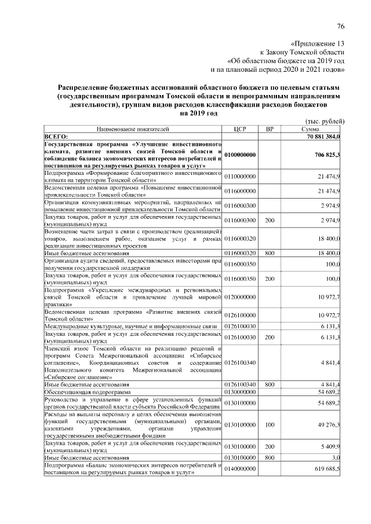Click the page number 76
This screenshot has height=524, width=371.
[x=341, y=27]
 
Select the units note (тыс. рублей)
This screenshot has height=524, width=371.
[x=325, y=121]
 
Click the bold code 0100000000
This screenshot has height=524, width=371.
[x=241, y=155]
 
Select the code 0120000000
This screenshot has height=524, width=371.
[x=240, y=297]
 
